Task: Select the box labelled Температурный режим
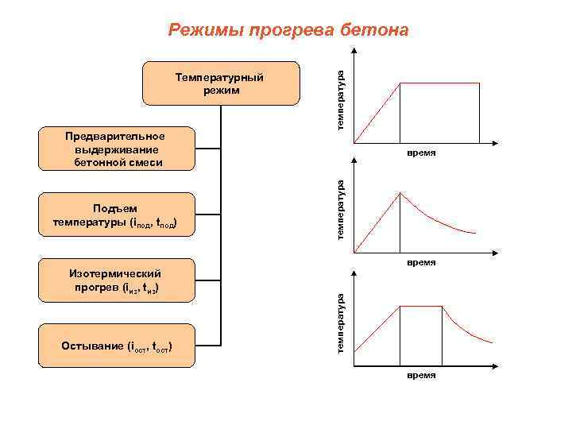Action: click(x=220, y=83)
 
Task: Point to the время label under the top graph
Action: click(x=422, y=152)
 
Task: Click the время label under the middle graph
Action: click(x=422, y=261)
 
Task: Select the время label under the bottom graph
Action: click(x=422, y=374)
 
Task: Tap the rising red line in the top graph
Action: click(x=377, y=112)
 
